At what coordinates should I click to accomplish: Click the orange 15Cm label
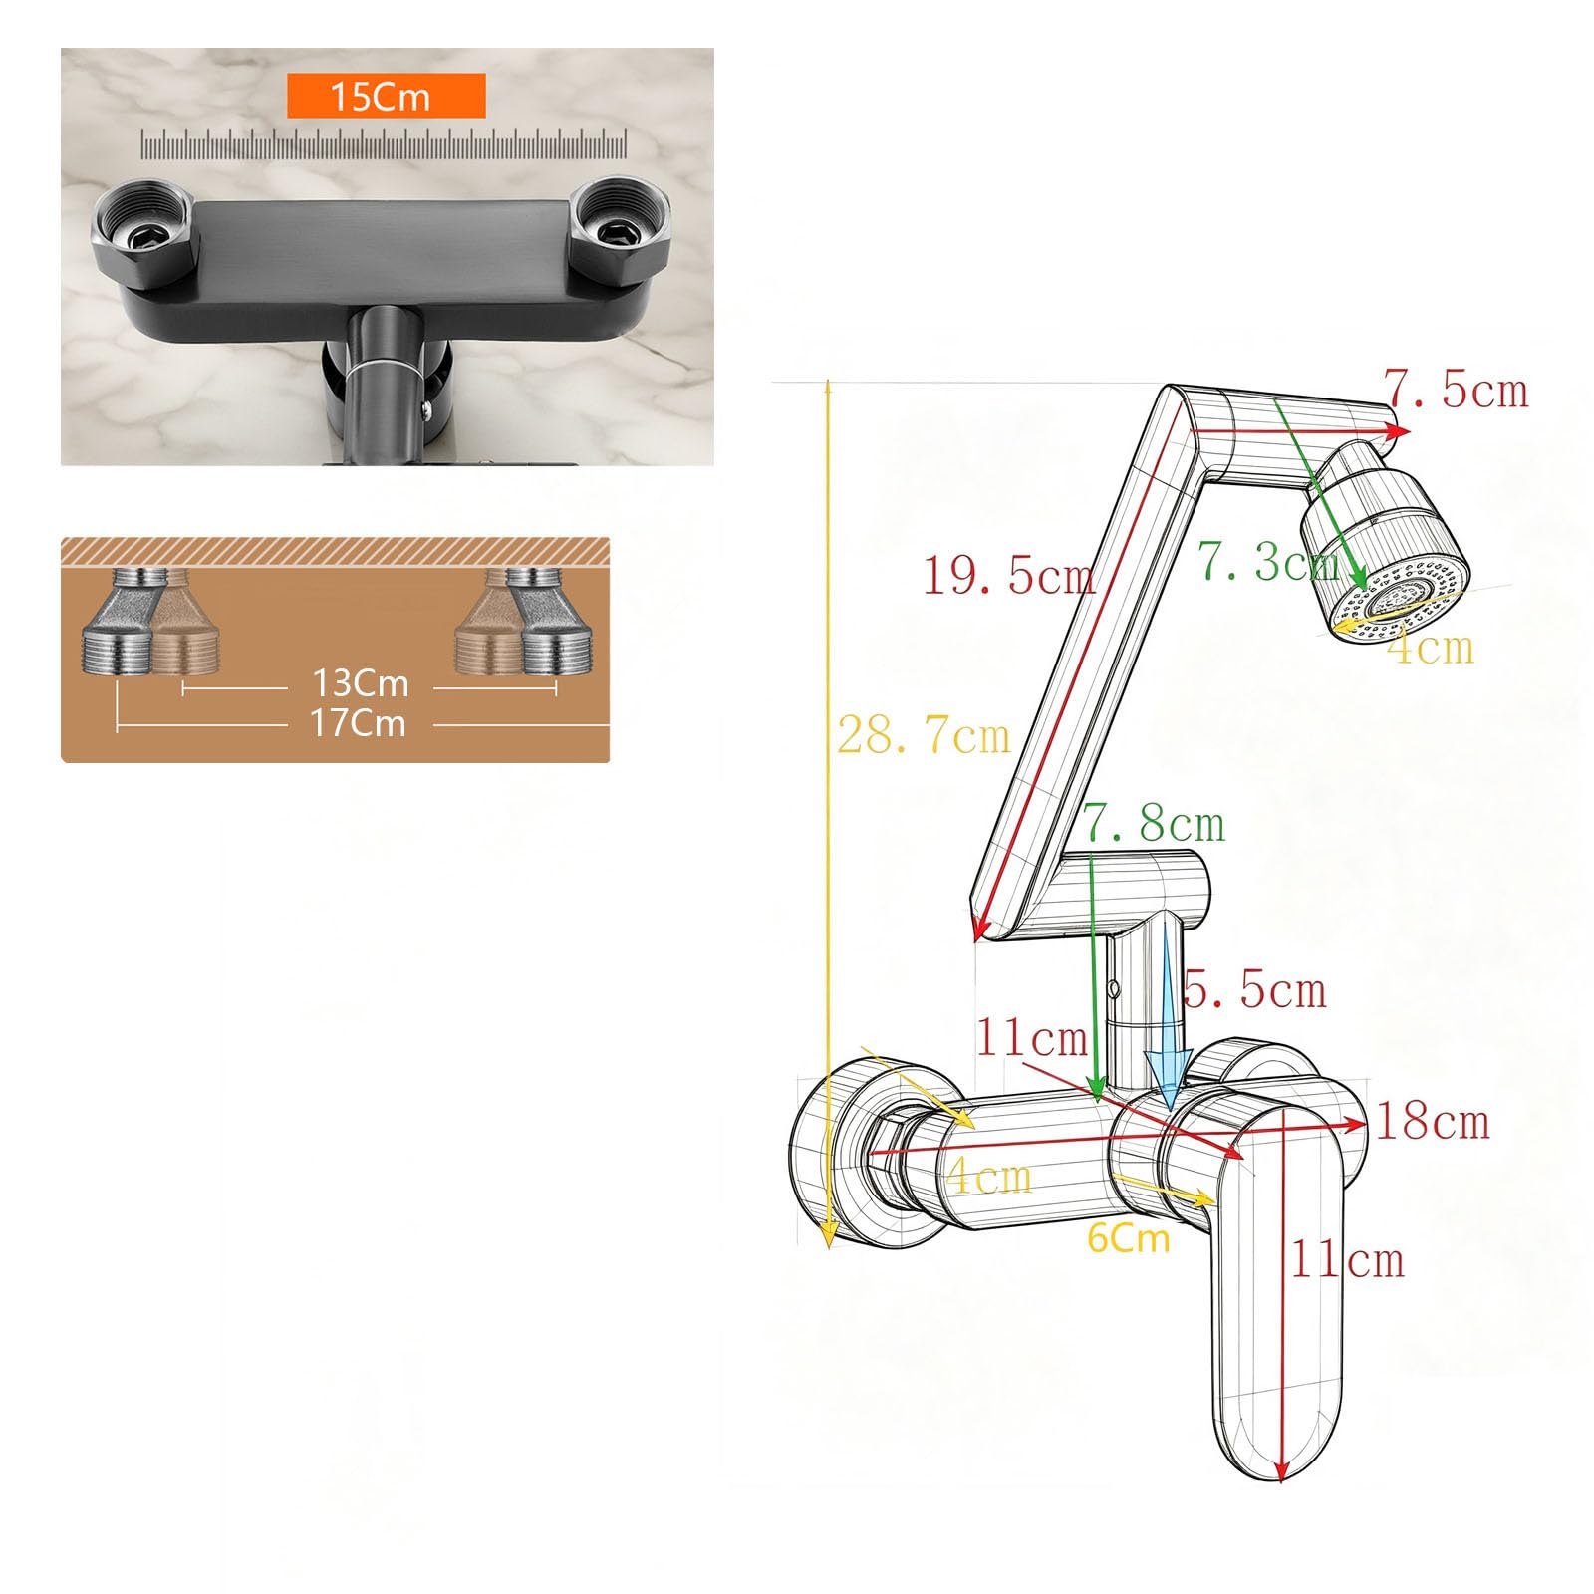pyautogui.click(x=386, y=96)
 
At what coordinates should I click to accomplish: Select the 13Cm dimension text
pyautogui.click(x=361, y=683)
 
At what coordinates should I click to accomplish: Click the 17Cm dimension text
pyautogui.click(x=359, y=722)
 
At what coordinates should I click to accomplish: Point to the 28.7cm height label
pyautogui.click(x=924, y=735)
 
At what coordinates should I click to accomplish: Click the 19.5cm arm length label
pyautogui.click(x=1008, y=575)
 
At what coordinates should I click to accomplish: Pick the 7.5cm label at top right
pyautogui.click(x=1457, y=389)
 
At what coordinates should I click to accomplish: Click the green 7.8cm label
pyautogui.click(x=1155, y=823)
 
